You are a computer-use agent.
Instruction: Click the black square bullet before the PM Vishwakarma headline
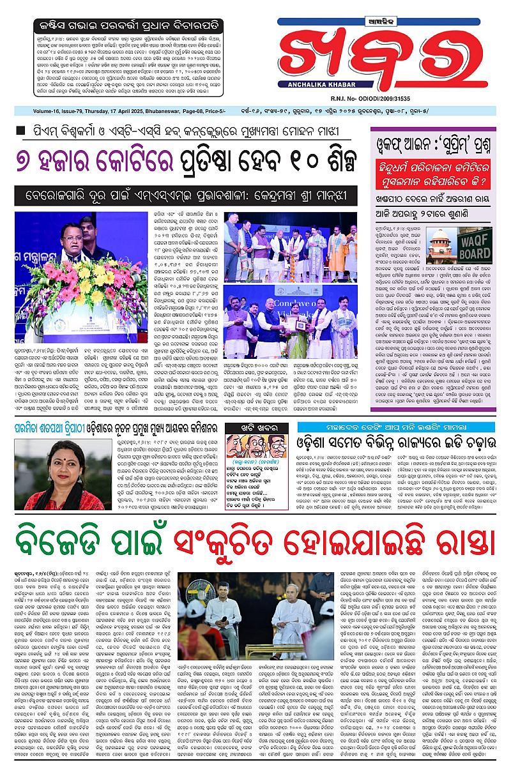tap(20, 131)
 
